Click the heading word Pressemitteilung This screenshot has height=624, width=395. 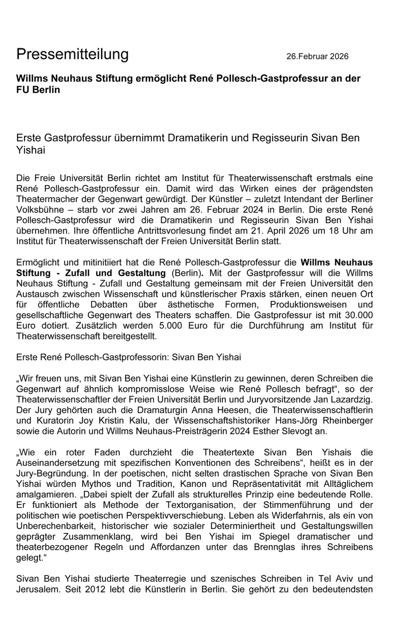pyautogui.click(x=72, y=54)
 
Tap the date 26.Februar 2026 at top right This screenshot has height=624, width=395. pyautogui.click(x=317, y=56)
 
